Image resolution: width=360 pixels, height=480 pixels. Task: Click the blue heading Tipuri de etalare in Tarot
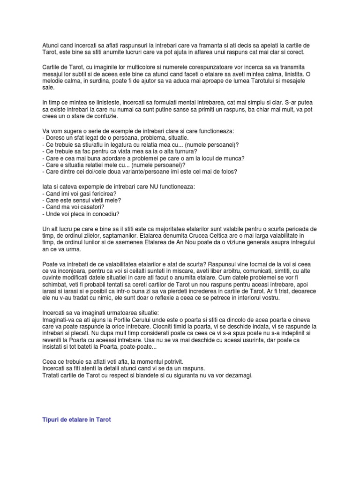pos(76,420)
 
